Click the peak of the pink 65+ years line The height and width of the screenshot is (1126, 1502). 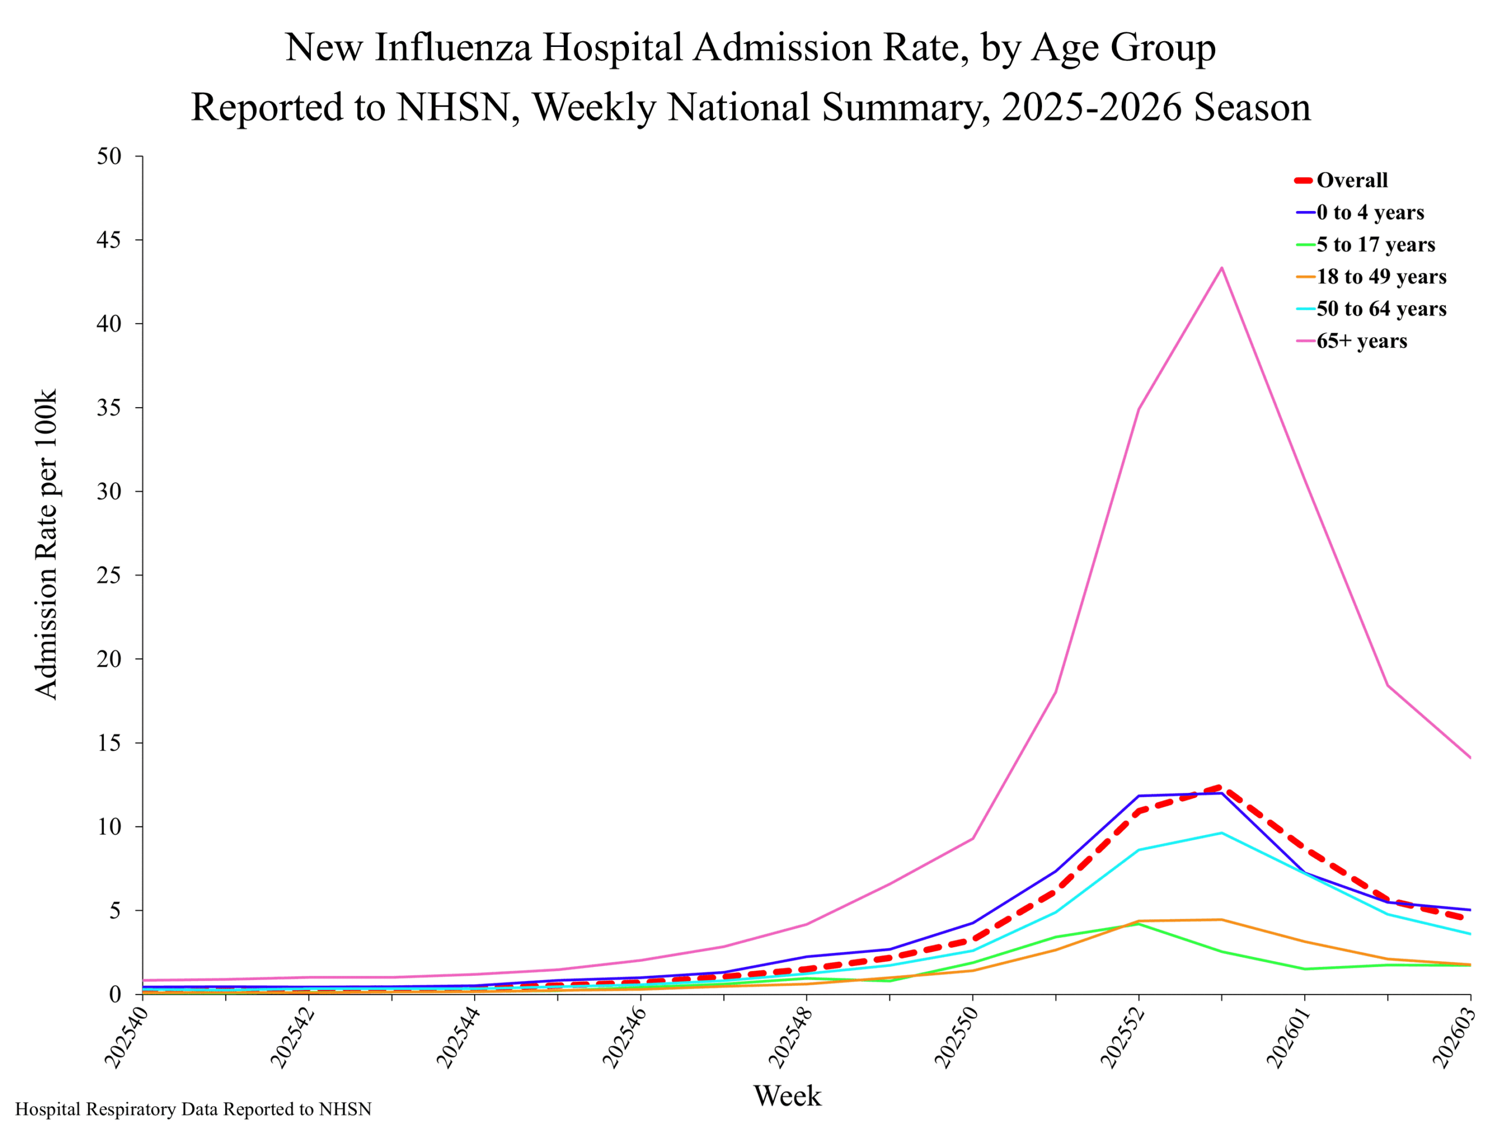1222,267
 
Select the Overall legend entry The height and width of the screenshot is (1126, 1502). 1341,181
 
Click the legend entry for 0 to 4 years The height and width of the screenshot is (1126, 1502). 1359,212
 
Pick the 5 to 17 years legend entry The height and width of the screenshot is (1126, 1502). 1365,245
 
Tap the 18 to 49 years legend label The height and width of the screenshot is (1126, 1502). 1382,277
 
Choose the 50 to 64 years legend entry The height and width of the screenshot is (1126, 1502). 1370,309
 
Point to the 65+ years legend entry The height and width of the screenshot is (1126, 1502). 1351,341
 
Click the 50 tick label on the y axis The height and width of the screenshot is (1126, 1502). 109,156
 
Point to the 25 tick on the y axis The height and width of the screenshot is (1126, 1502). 109,575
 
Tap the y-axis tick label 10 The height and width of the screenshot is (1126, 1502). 109,827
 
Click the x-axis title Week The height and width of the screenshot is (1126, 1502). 787,1096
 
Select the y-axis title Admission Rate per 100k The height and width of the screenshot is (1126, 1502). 46,544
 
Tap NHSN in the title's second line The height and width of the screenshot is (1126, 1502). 454,107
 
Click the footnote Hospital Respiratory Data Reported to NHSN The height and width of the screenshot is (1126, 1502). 194,1109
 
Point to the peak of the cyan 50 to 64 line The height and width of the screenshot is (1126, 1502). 1222,833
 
